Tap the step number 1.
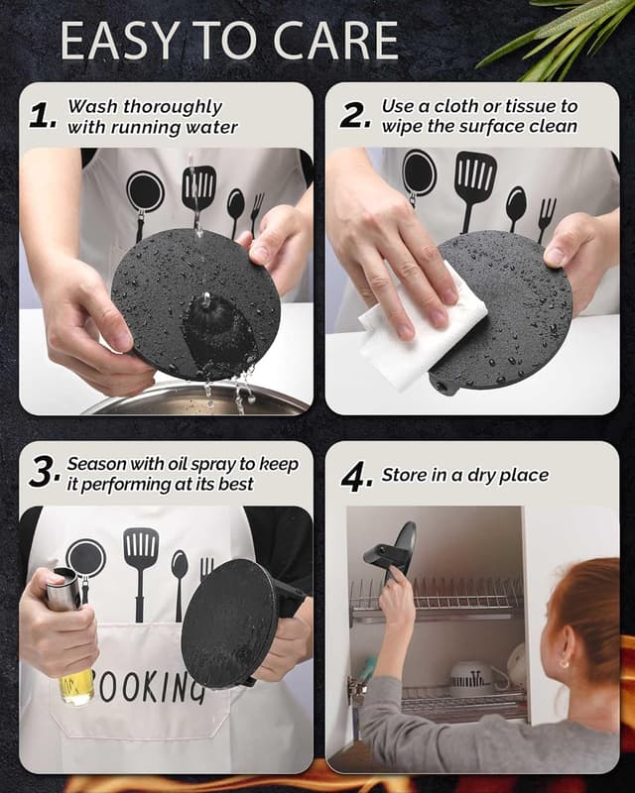[43, 116]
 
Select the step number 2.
[355, 115]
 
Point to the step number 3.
[45, 473]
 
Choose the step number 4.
[357, 479]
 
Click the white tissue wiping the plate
[424, 334]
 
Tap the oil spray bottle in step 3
[70, 637]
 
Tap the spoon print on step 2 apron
[516, 207]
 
